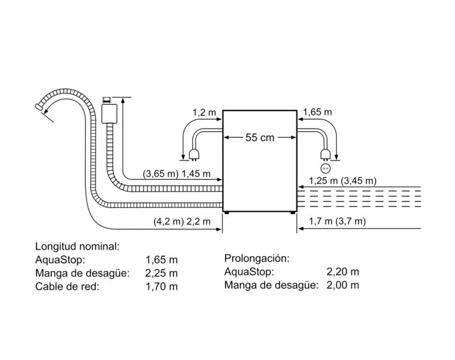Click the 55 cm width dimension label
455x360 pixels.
click(260, 137)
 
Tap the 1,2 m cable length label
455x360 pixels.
click(204, 112)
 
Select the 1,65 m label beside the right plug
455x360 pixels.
click(317, 112)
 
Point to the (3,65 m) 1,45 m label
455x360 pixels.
click(176, 174)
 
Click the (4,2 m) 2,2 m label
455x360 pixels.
click(182, 222)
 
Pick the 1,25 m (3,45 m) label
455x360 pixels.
click(343, 181)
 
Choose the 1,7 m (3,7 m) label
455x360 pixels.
click(337, 222)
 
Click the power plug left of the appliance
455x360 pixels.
click(194, 155)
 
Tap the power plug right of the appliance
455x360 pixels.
click(325, 155)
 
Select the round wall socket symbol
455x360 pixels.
click(325, 168)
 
